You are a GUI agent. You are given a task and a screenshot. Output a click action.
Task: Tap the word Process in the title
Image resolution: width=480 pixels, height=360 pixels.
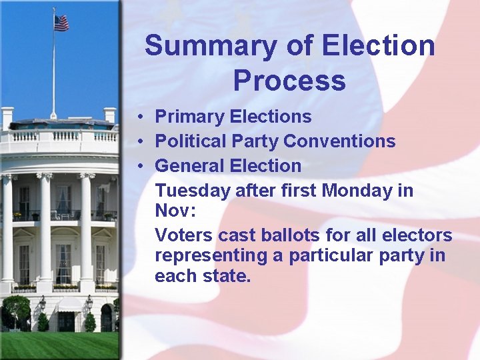pos(289,81)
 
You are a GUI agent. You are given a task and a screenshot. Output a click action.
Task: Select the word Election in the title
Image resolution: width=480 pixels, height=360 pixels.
pos(379,47)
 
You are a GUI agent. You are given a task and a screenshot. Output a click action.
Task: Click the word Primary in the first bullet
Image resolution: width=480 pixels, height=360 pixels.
pos(189,117)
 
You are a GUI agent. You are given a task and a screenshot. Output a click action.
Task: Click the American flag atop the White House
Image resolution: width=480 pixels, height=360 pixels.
pos(61,23)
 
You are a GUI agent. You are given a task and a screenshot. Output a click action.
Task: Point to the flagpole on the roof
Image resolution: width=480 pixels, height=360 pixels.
pos(53,73)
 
